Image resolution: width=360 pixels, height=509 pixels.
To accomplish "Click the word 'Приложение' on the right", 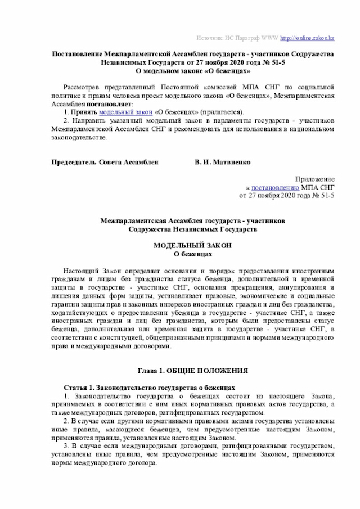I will pos(318,178).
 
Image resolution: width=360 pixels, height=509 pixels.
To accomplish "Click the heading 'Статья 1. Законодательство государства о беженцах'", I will pos(148,388).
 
